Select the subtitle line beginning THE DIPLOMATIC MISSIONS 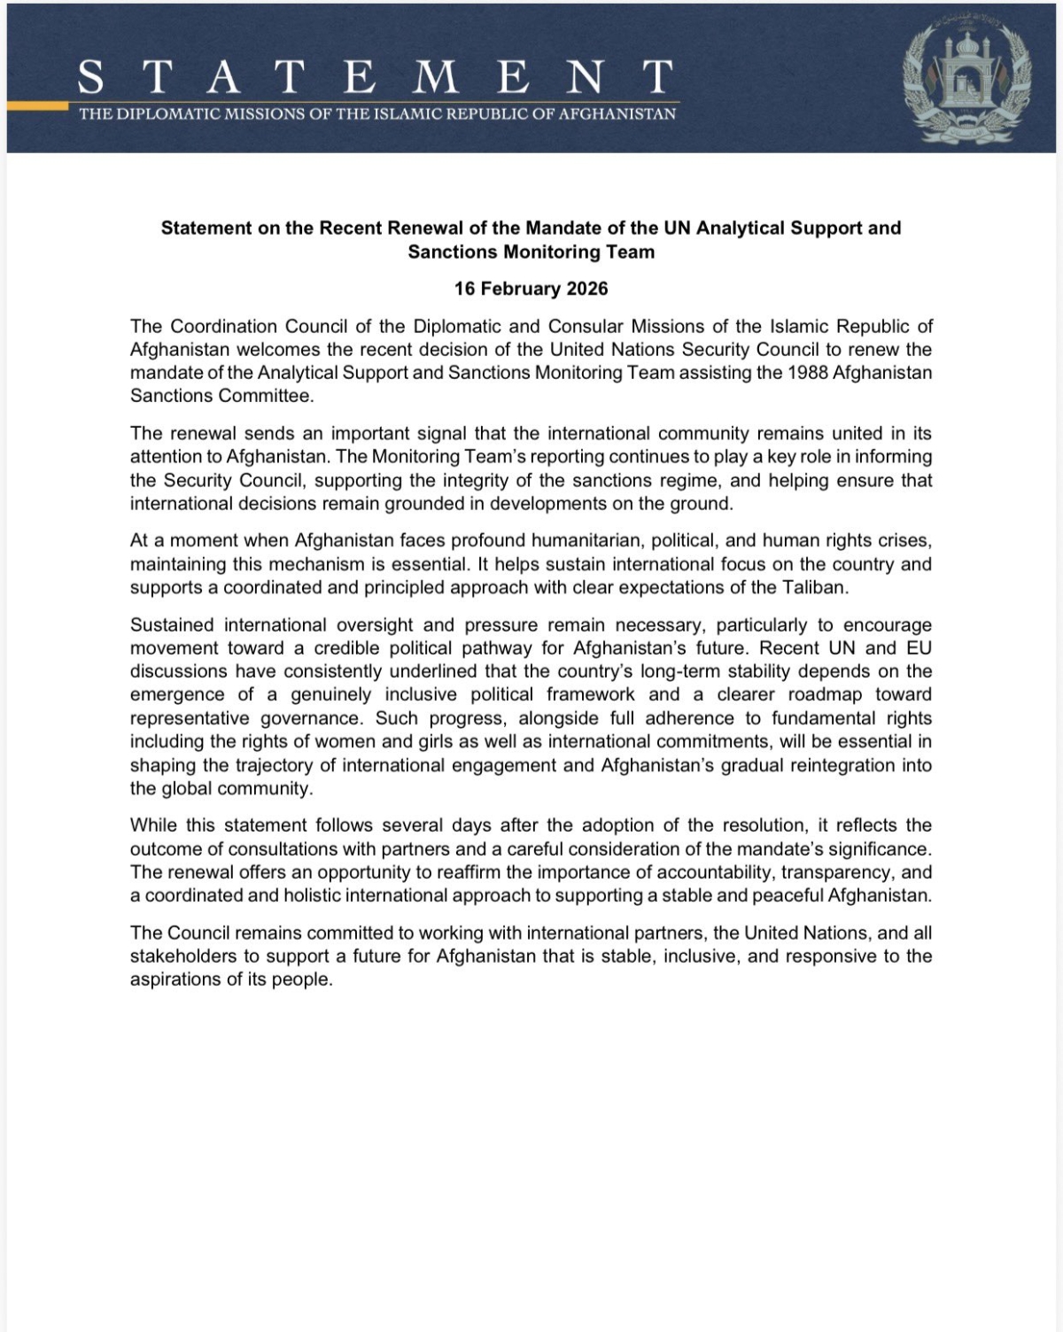[x=377, y=114]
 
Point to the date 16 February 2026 [x=531, y=289]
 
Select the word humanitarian [x=572, y=541]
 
